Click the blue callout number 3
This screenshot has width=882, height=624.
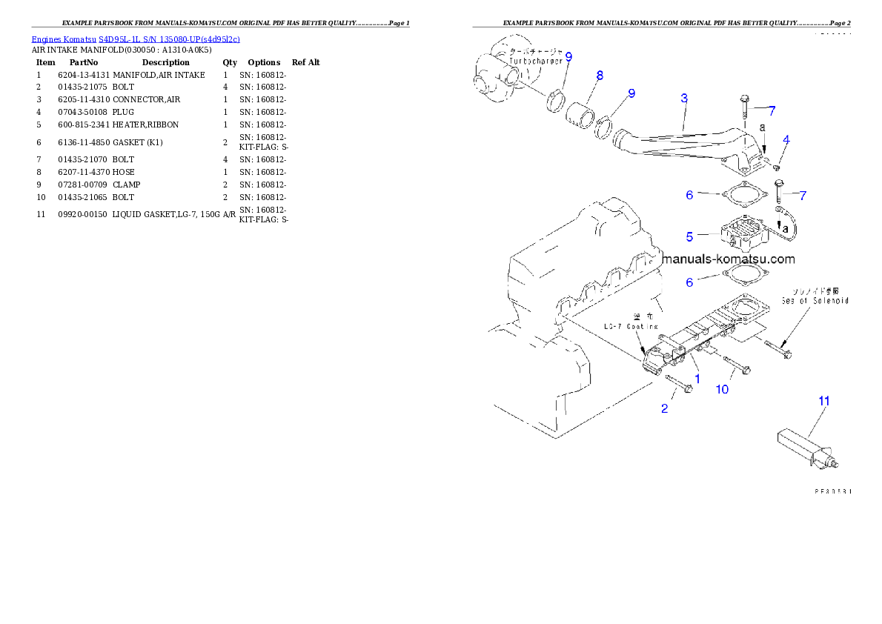click(x=684, y=98)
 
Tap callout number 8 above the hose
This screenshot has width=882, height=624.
click(x=599, y=75)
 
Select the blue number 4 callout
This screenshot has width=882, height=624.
click(x=786, y=139)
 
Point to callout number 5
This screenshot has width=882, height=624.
click(x=689, y=236)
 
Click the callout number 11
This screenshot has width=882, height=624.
click(x=823, y=400)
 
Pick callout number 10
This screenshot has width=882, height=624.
click(x=722, y=389)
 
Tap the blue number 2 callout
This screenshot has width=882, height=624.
click(x=664, y=408)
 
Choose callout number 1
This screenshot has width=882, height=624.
click(x=697, y=378)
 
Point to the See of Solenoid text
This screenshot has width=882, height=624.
click(x=815, y=300)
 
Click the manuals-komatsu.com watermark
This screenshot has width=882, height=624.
click(x=729, y=259)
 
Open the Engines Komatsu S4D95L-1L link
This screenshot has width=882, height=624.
click(x=136, y=39)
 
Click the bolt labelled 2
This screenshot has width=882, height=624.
click(x=679, y=385)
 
